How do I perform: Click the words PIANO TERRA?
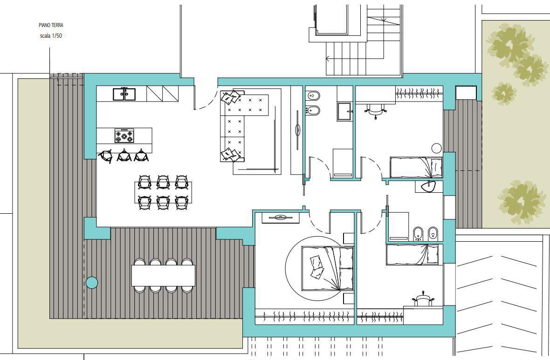coord(51,25)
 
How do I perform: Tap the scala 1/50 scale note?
coord(51,36)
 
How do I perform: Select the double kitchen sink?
coord(124,94)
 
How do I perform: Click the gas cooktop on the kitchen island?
coord(124,136)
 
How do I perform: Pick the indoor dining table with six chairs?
coord(163,192)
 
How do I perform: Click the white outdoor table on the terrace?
coord(163,276)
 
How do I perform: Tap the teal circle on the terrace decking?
coord(92,283)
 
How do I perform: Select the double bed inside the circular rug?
coord(327,268)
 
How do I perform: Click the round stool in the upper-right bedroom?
coord(436,148)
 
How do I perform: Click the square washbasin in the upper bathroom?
coord(344,111)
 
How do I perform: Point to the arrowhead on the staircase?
coord(328,59)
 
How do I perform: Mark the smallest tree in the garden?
coord(504,93)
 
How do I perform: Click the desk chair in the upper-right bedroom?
coord(375,110)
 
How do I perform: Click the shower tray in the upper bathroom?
coord(343,163)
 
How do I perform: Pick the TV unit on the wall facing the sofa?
coord(297,130)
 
